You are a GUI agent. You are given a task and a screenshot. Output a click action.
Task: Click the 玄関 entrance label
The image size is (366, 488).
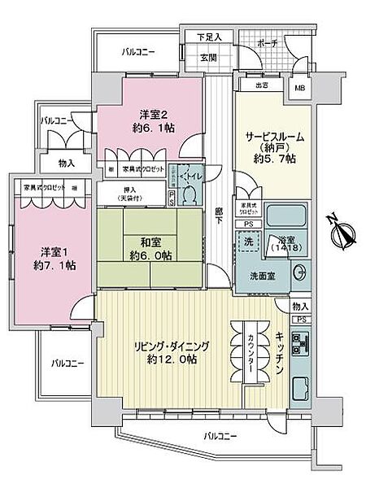pyautogui.click(x=207, y=57)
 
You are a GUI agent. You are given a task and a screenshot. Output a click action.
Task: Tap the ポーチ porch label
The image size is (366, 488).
pyautogui.click(x=266, y=41)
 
